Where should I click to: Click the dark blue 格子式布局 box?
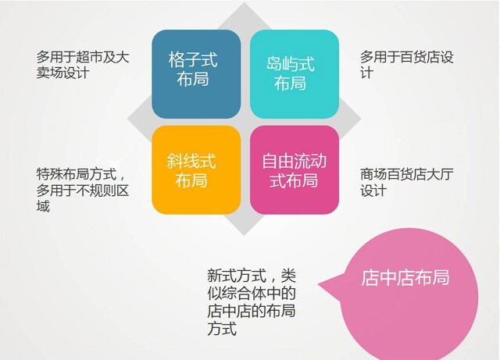196,74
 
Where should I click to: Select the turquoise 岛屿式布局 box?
295,74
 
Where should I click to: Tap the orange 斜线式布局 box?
196,169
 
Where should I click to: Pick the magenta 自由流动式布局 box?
295,169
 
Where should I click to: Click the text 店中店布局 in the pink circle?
405,277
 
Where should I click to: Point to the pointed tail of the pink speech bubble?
318,283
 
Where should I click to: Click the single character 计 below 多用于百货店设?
366,73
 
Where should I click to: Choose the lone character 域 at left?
43,206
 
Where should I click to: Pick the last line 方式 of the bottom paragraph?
222,329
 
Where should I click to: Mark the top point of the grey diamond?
245,2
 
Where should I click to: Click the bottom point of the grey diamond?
245,236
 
